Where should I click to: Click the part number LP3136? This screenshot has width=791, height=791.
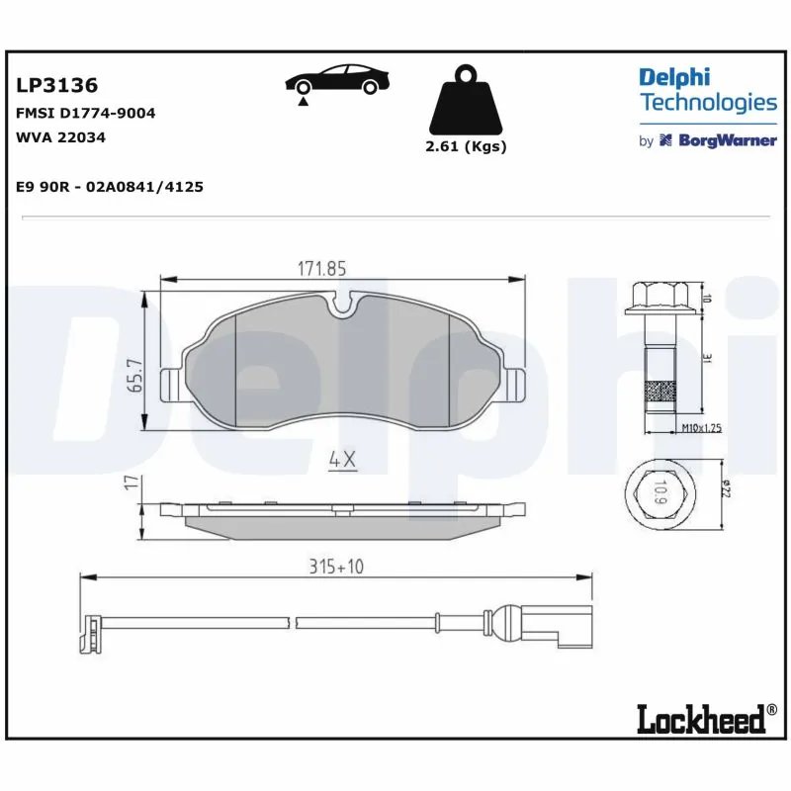click(56, 88)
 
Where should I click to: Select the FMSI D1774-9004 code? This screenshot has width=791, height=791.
click(86, 114)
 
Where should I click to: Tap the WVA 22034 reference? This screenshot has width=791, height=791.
click(61, 137)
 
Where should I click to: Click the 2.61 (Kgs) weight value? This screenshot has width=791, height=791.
click(465, 146)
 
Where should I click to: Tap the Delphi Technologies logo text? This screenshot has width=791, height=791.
click(707, 90)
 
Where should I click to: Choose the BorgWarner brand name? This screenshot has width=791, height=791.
click(726, 141)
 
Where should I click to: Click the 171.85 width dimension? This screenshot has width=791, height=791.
click(322, 268)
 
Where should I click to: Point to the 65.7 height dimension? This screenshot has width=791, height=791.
click(136, 376)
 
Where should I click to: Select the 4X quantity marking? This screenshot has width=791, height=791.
click(341, 460)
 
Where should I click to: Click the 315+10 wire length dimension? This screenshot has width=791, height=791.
click(337, 567)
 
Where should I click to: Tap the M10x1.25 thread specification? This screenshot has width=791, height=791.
click(701, 428)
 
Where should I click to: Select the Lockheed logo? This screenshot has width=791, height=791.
click(702, 719)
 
